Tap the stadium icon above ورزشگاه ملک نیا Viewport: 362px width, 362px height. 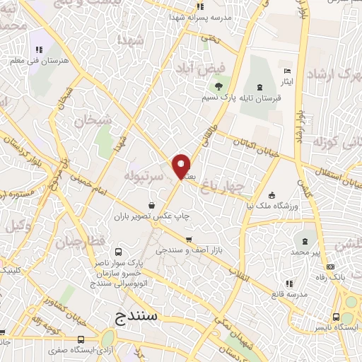[271, 195]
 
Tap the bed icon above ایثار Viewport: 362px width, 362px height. [286, 71]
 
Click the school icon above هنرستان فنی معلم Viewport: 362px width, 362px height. [39, 49]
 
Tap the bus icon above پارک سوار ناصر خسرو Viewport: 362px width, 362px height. [118, 252]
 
